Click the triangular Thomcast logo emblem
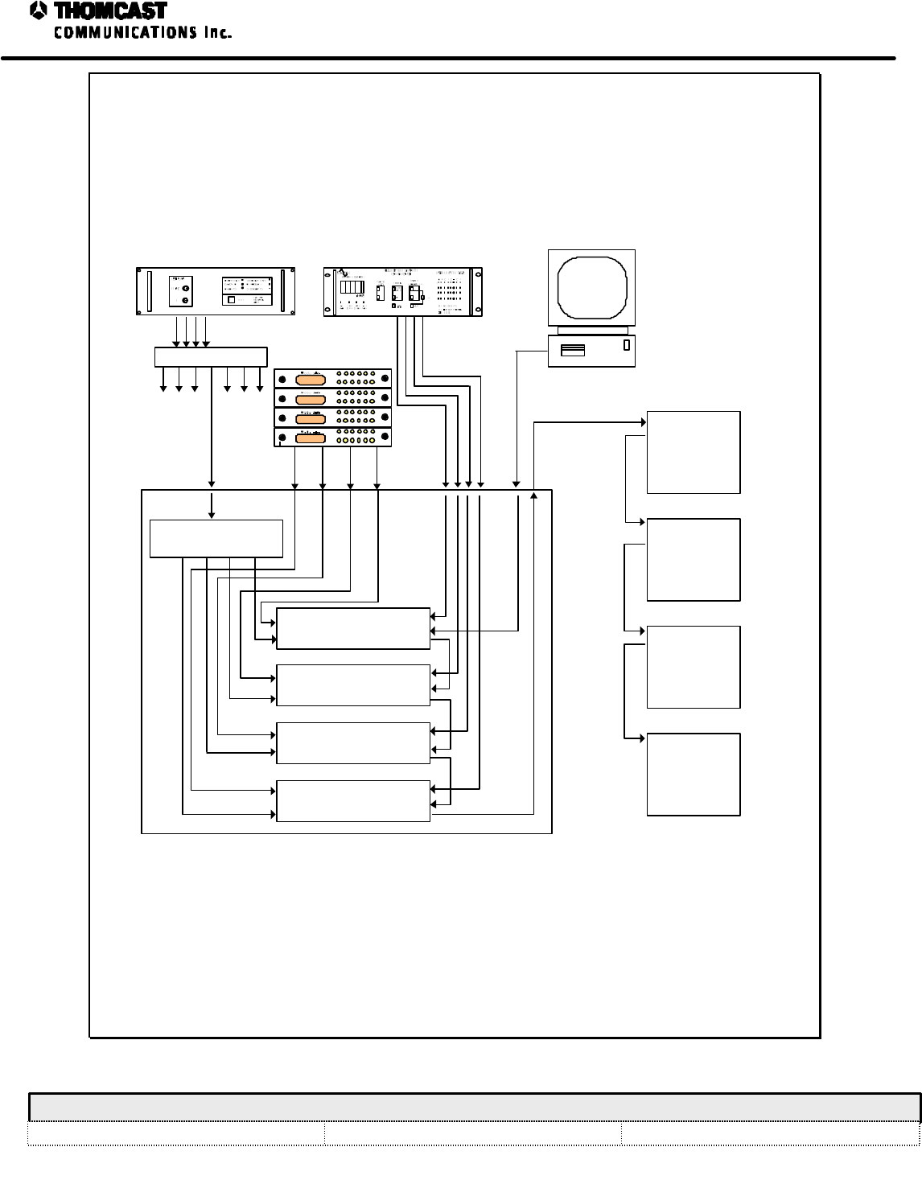click(38, 11)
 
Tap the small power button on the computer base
click(625, 346)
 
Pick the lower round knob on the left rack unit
click(186, 300)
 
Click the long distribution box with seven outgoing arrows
click(210, 356)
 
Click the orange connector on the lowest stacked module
click(311, 438)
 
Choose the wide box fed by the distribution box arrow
click(216, 538)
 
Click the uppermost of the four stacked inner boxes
click(353, 628)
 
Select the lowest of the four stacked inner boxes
click(353, 800)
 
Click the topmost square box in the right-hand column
click(693, 452)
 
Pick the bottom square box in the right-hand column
click(693, 774)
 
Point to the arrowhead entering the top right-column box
click(643, 421)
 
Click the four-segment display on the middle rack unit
click(351, 287)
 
